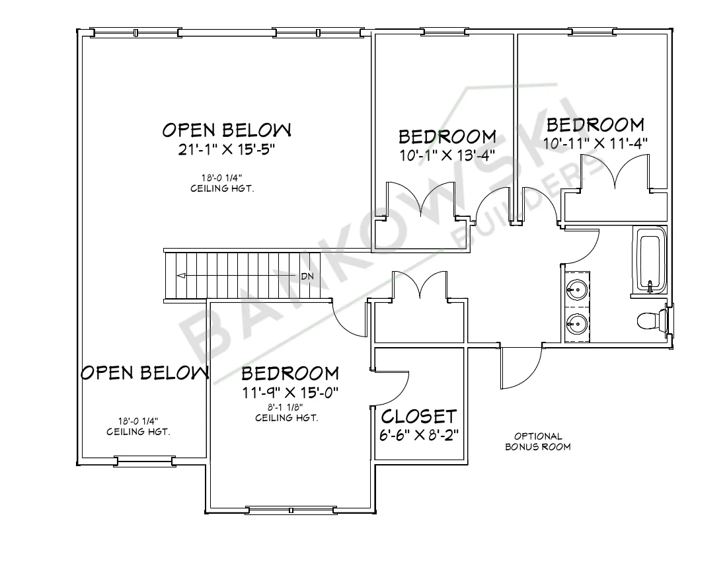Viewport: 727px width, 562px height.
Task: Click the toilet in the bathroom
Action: pos(650,321)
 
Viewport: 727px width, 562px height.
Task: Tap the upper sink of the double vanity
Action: pos(577,288)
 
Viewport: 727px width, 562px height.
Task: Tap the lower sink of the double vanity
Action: pos(577,324)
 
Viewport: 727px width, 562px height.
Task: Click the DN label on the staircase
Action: pos(307,276)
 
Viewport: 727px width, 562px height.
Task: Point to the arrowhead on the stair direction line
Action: pos(181,276)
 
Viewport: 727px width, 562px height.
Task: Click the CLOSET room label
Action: pos(419,417)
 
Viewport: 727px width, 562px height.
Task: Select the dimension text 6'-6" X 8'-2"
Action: pos(419,436)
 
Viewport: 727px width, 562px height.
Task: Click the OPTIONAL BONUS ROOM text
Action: pos(538,441)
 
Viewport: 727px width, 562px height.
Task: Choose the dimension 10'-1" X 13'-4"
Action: pos(447,156)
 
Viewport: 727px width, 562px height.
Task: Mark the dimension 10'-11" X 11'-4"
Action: pos(595,142)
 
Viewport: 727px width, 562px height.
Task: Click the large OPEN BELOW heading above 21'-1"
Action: pos(227,128)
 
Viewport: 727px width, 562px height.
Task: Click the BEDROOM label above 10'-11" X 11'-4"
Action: pos(595,124)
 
